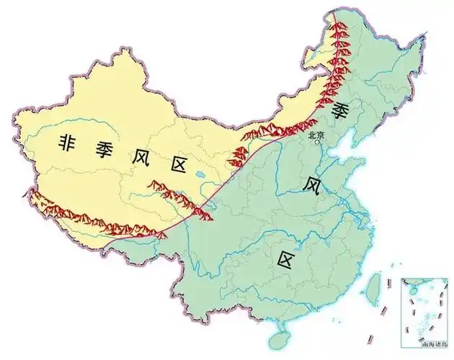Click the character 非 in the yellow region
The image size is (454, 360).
click(x=70, y=143)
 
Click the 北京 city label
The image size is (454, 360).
click(x=316, y=134)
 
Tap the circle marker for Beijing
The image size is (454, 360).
click(x=316, y=142)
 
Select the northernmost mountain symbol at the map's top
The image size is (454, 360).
click(x=337, y=22)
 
